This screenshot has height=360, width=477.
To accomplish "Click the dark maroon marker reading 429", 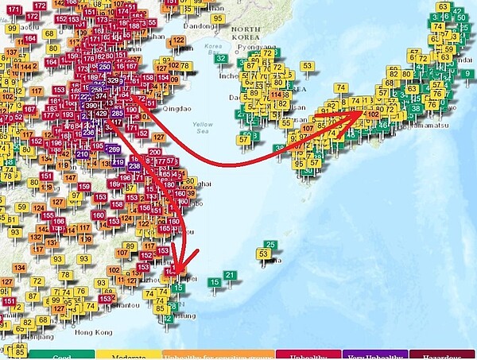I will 101,114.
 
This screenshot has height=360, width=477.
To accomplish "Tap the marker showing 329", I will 114,80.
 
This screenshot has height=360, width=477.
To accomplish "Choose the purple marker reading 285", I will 117,114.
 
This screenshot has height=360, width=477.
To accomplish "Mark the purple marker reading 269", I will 113,149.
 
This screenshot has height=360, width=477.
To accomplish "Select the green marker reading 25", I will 271,244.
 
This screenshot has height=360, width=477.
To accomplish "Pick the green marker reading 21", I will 230,275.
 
